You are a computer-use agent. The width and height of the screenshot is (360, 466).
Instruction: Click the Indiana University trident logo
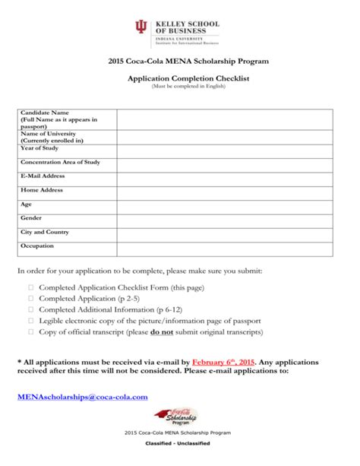tap(141, 29)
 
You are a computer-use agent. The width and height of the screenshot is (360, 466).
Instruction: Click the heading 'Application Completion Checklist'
tap(179, 78)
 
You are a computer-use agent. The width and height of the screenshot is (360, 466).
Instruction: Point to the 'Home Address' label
tap(42, 190)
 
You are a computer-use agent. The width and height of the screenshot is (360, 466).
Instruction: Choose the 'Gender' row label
tap(31, 217)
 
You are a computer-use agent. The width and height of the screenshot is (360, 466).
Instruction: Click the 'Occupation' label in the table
tap(37, 246)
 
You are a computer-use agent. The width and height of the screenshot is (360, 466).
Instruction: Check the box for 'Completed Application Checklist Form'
tap(31, 289)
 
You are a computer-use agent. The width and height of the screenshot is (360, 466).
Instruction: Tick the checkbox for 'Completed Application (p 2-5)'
tap(31, 300)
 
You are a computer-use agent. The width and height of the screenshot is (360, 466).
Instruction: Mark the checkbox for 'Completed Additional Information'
tap(31, 310)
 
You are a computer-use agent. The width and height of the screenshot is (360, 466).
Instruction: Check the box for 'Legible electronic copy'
tap(31, 322)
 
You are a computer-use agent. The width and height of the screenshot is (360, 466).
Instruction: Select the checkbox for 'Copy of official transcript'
tap(31, 332)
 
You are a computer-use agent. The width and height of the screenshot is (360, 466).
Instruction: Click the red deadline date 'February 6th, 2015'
tap(224, 363)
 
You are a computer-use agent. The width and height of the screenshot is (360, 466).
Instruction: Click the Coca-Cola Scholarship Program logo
tap(177, 414)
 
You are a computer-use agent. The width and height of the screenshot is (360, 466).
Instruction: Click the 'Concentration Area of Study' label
tap(60, 162)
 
